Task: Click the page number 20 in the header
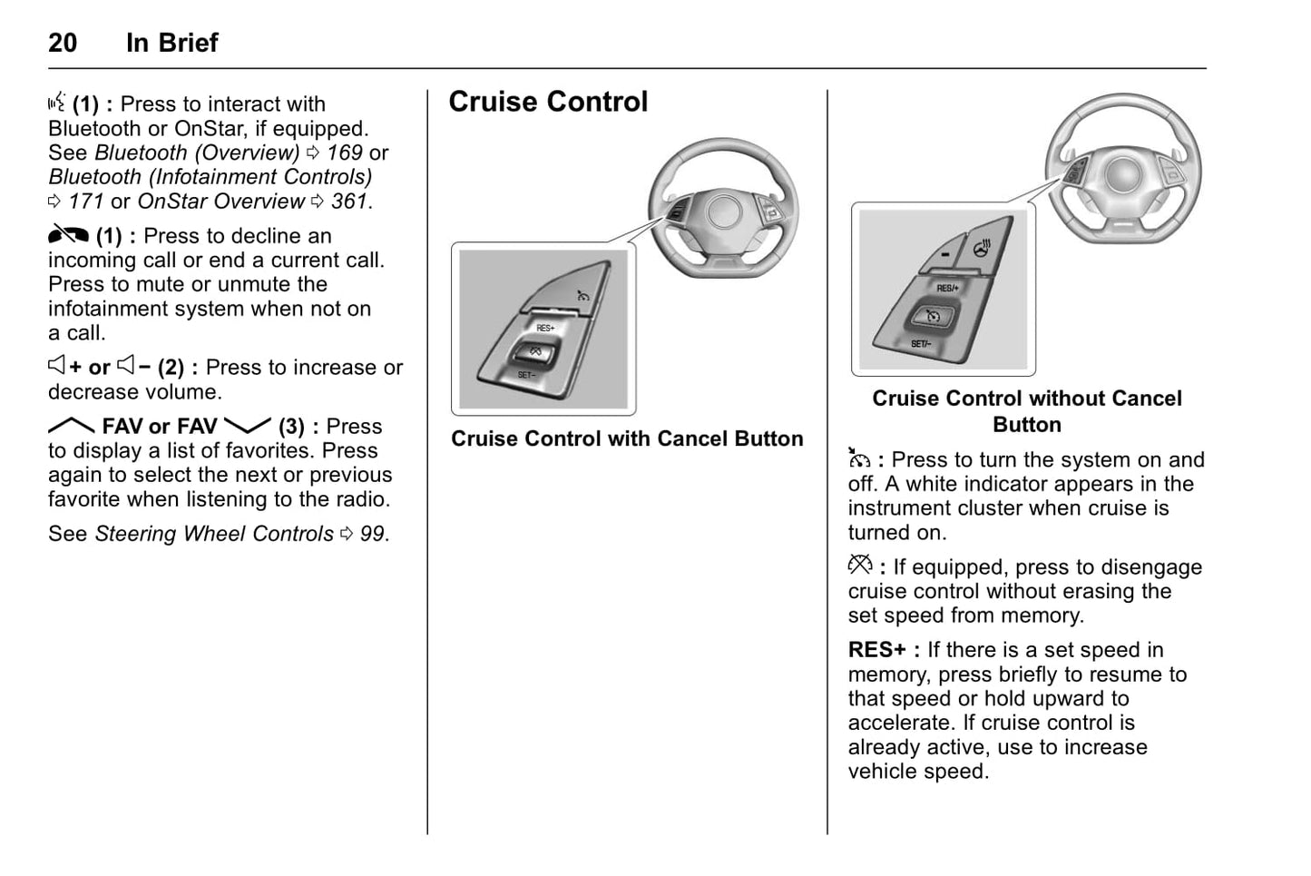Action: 63,43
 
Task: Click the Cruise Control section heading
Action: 548,102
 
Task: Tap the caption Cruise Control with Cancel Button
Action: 627,439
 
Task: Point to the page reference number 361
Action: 349,202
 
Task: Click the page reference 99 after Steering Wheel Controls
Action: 372,534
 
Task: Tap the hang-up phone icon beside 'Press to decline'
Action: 68,235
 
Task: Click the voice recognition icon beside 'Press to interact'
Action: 57,103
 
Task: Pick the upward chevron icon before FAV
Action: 71,426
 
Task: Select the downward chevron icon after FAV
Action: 247,426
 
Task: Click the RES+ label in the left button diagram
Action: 545,328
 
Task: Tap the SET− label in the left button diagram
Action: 526,375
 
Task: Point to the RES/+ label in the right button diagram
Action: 947,288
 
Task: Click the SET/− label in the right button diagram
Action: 920,344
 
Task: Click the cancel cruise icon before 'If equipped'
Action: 859,566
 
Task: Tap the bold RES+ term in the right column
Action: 876,650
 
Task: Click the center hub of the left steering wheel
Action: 725,211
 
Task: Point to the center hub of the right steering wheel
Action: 1123,172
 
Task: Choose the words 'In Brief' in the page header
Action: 172,43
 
